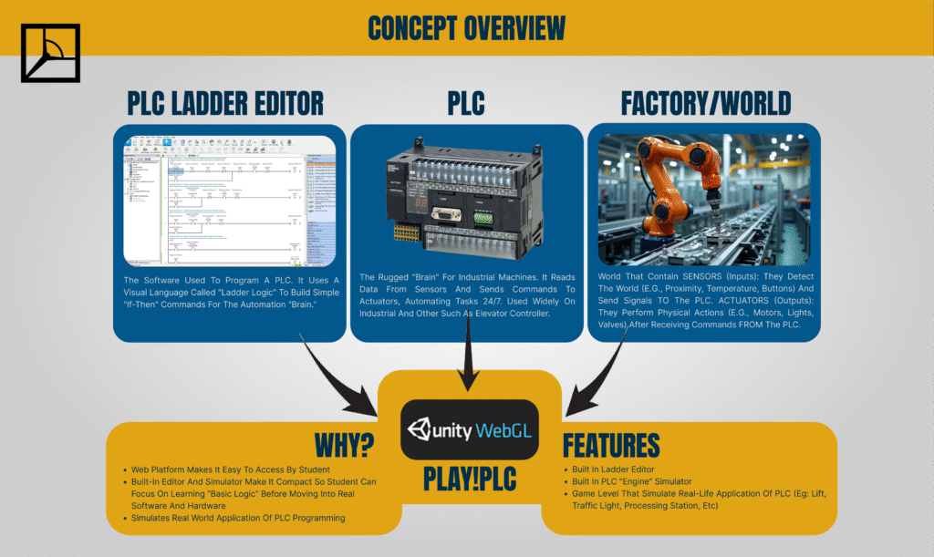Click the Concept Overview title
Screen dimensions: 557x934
(466, 27)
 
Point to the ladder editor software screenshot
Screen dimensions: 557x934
(229, 200)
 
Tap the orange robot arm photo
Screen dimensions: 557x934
(703, 200)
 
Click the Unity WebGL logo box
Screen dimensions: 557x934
(470, 428)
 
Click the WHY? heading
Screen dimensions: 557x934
(344, 446)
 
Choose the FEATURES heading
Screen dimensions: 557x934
(610, 446)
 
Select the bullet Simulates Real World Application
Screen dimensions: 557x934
(238, 518)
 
